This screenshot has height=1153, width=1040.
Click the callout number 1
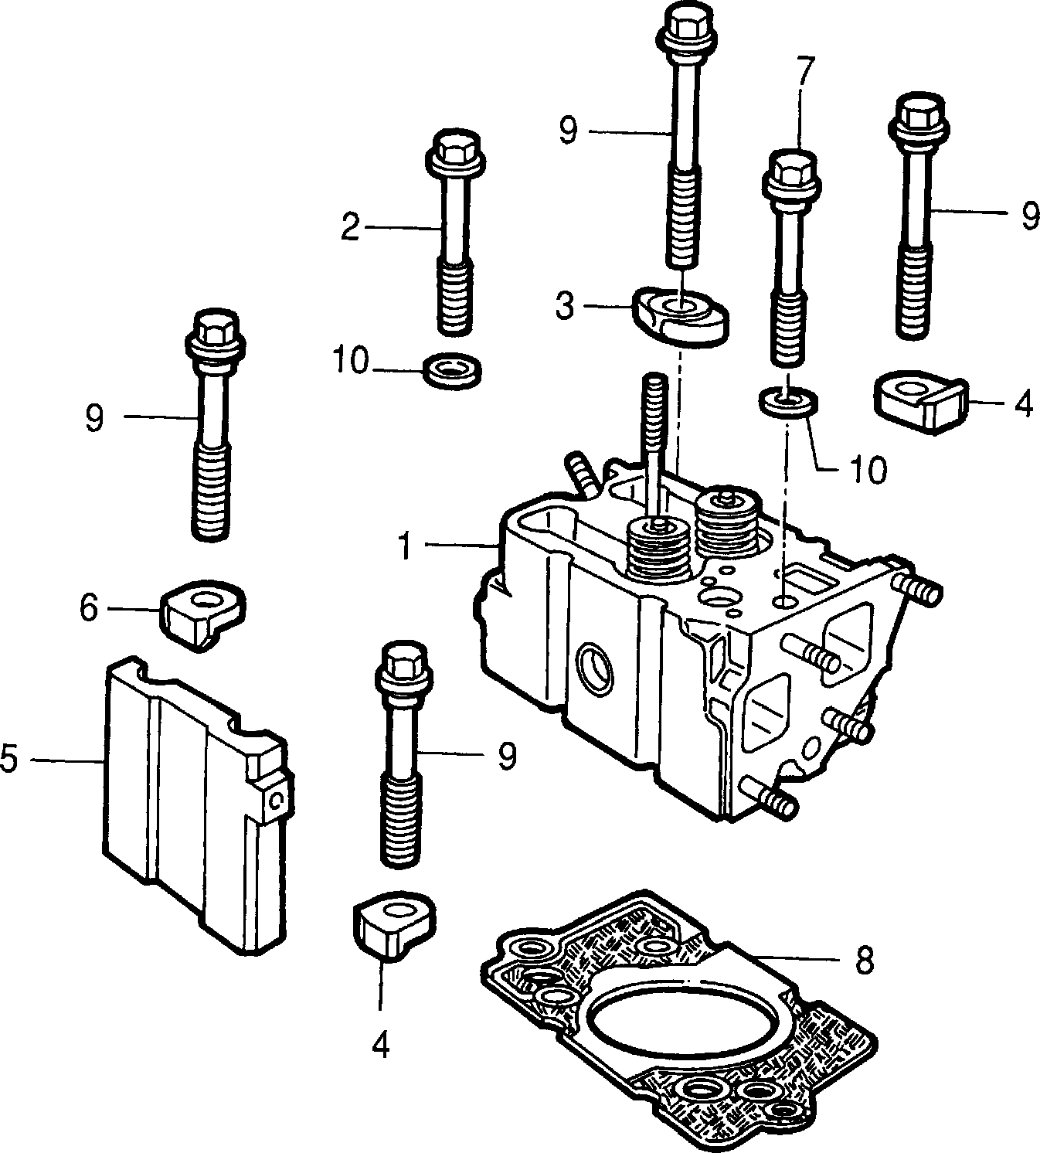pyautogui.click(x=406, y=546)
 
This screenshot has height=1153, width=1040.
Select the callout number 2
pyautogui.click(x=350, y=226)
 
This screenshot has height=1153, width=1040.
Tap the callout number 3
pyautogui.click(x=565, y=306)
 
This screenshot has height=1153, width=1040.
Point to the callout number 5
pyautogui.click(x=10, y=759)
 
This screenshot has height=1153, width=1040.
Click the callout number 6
pyautogui.click(x=89, y=607)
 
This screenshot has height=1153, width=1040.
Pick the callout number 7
pyautogui.click(x=804, y=71)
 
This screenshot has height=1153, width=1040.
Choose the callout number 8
pyautogui.click(x=864, y=959)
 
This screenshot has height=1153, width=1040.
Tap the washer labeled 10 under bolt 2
pyautogui.click(x=452, y=371)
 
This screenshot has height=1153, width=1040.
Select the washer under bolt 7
pyautogui.click(x=789, y=403)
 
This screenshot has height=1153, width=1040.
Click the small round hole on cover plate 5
pyautogui.click(x=277, y=799)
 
